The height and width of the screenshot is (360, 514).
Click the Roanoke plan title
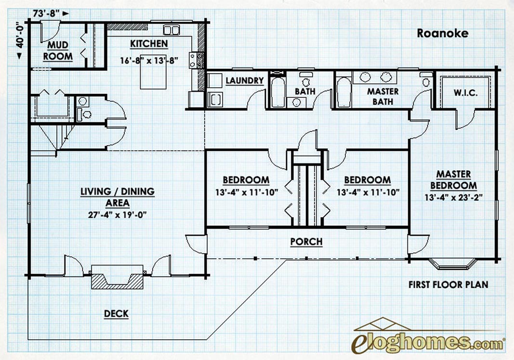(443, 33)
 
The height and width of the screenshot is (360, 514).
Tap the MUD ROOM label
(58, 51)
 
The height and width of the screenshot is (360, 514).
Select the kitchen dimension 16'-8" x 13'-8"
(149, 61)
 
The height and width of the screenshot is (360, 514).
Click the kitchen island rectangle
(153, 72)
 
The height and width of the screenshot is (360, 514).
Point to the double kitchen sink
(171, 30)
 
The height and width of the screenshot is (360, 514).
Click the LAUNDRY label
(245, 80)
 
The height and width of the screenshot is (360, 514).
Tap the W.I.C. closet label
(465, 93)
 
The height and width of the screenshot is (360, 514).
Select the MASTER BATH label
(382, 96)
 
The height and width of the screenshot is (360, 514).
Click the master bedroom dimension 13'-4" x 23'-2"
(454, 198)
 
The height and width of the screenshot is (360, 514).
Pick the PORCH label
(306, 241)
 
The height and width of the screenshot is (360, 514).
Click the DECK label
(116, 314)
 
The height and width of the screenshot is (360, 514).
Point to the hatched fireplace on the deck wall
(118, 281)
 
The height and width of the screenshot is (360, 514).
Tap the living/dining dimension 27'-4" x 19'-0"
(118, 215)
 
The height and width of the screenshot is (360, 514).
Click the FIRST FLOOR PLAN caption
(448, 285)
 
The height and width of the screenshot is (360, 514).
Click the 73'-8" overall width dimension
(46, 13)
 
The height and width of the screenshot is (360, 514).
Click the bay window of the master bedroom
(453, 264)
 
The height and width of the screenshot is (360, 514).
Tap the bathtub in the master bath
(343, 92)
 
